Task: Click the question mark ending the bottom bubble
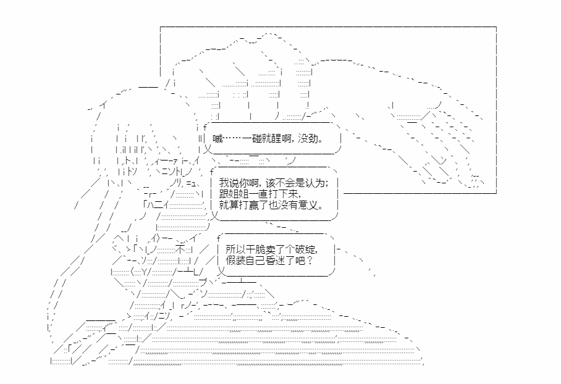click(x=309, y=261)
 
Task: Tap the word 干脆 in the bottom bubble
click(x=249, y=249)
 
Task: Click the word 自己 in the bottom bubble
click(x=249, y=261)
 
